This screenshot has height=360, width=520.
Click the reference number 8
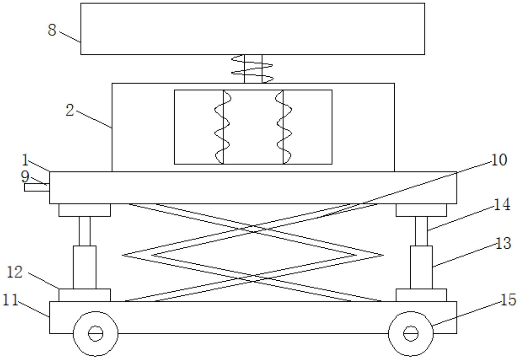point(52,30)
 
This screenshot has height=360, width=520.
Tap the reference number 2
point(70,110)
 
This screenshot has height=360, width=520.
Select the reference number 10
point(499,160)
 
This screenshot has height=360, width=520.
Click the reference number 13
point(503,243)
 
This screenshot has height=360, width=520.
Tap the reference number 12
point(15,272)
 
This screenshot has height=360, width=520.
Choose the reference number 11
point(11,300)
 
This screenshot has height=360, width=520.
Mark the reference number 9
point(25,177)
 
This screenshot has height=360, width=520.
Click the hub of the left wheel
point(95,333)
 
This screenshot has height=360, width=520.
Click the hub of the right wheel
point(411,333)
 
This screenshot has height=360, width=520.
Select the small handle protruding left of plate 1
point(37,187)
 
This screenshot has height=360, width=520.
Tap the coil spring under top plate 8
point(252,69)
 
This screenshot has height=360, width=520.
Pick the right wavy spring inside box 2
point(284,127)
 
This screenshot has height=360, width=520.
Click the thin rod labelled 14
point(421,231)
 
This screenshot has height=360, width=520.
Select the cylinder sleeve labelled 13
point(422,267)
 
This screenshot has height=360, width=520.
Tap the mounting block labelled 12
point(85,295)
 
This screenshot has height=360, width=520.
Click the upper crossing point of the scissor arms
point(253,229)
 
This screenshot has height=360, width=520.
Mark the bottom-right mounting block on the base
point(421,295)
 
